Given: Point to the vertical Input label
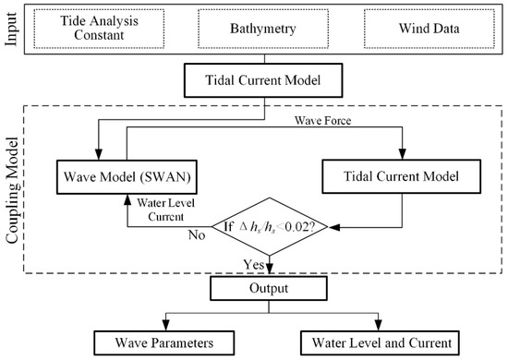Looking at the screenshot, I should pyautogui.click(x=11, y=30).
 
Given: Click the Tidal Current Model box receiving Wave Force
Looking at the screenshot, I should pyautogui.click(x=402, y=173).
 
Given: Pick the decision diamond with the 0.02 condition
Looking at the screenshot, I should pyautogui.click(x=265, y=224).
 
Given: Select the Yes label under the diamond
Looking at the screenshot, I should pyautogui.click(x=254, y=264).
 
